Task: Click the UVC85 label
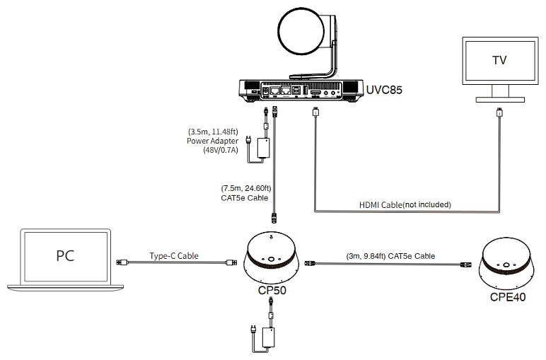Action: click(x=384, y=90)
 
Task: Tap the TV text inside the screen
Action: click(x=499, y=60)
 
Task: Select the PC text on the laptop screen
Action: click(x=65, y=255)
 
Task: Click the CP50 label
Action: click(x=272, y=290)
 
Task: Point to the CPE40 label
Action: click(x=507, y=297)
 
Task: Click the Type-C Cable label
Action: click(x=174, y=256)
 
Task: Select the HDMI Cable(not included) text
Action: click(x=405, y=204)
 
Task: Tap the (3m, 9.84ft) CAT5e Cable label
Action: click(x=390, y=256)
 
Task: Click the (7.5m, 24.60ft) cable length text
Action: click(x=246, y=188)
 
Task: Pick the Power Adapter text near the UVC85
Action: click(x=212, y=141)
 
